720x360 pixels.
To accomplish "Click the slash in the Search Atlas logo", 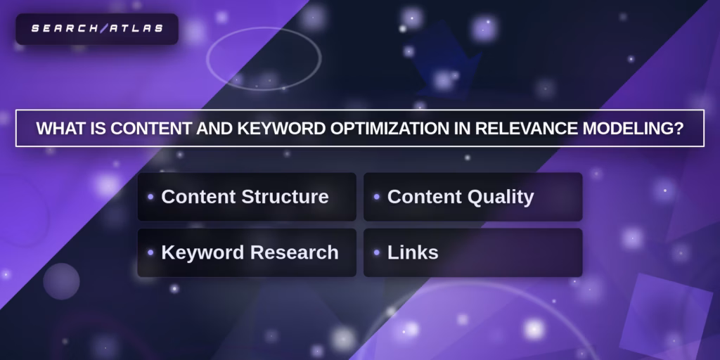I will (103, 29).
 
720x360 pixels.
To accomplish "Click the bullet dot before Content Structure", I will (150, 197).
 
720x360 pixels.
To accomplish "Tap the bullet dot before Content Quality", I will (377, 197).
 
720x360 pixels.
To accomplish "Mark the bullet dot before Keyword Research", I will (150, 252).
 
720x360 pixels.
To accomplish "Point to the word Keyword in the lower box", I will (202, 253).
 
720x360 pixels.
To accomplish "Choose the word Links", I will (413, 252).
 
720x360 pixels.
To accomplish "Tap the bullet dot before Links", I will (377, 252).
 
